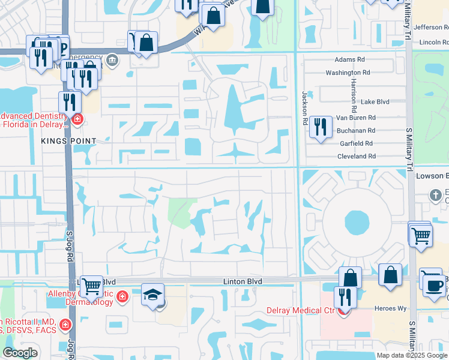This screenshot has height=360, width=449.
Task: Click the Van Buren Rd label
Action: click(355, 118)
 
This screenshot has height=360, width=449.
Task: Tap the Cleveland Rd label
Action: click(356, 156)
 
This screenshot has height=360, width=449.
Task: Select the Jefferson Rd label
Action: click(430, 27)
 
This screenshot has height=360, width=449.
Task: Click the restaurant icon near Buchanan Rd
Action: click(321, 127)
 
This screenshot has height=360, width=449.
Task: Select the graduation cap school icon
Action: click(152, 295)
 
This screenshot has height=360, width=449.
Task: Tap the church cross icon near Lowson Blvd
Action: click(436, 195)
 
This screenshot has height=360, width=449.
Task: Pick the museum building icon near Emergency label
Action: click(112, 60)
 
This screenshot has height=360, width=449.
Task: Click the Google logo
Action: click(20, 353)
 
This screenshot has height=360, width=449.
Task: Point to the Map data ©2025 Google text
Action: click(411, 355)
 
